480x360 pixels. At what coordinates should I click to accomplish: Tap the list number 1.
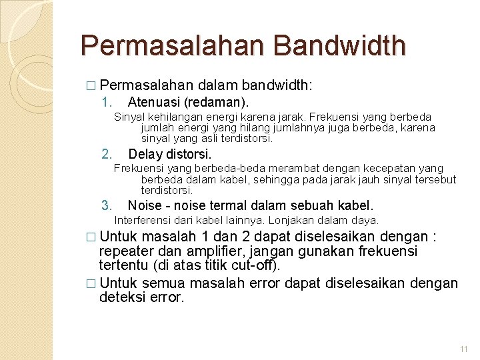click(x=105, y=103)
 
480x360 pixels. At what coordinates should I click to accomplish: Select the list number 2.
click(x=105, y=155)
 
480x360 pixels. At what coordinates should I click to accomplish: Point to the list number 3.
click(x=105, y=205)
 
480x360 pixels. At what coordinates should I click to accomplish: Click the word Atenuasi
click(x=154, y=103)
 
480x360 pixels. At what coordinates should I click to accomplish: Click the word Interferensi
click(x=142, y=220)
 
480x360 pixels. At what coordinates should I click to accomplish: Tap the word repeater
click(x=123, y=251)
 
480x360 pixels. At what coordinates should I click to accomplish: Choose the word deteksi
click(x=121, y=297)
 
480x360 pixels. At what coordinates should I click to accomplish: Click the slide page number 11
click(x=464, y=349)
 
